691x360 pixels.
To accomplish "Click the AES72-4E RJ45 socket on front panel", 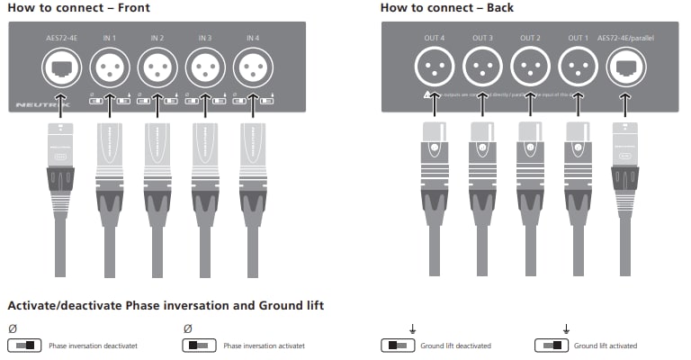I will click(x=61, y=66).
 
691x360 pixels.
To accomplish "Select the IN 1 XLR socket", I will click(x=110, y=66).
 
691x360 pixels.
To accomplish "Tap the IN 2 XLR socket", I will click(x=157, y=66).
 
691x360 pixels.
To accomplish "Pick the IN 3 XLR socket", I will click(x=205, y=66).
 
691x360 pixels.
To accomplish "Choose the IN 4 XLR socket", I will click(x=253, y=66).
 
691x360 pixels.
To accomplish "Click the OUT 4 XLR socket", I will click(x=435, y=66).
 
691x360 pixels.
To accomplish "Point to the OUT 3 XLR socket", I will click(x=482, y=66).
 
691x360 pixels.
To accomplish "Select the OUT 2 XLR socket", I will click(x=530, y=66).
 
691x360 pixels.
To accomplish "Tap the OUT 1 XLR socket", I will click(x=578, y=66).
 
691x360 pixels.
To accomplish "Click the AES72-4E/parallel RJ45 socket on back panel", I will click(x=626, y=66).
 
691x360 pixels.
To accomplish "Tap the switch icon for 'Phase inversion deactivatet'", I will click(x=23, y=346).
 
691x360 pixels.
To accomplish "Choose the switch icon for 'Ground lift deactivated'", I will click(x=398, y=346).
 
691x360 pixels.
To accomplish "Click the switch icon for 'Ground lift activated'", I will click(x=551, y=346).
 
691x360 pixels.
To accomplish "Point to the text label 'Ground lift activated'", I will click(x=606, y=346).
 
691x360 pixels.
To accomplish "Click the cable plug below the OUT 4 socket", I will click(x=435, y=166).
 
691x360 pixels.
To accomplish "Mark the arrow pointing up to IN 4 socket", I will click(x=253, y=106).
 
